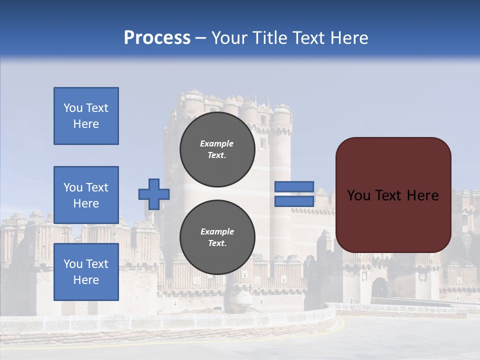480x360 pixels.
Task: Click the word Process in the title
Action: coord(157,38)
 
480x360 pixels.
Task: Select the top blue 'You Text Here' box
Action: coord(86,116)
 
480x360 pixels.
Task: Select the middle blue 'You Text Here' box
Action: coord(86,195)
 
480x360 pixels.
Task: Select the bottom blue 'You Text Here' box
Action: coord(86,271)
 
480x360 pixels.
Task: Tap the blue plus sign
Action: coord(154,194)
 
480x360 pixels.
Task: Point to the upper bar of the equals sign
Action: coord(294,187)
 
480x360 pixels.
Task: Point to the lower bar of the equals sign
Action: coord(294,201)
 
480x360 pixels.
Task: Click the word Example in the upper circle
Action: coord(217,143)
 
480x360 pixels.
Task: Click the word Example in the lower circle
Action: coord(217,231)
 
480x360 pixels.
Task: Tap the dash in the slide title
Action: coord(200,38)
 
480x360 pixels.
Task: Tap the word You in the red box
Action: coord(358,195)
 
